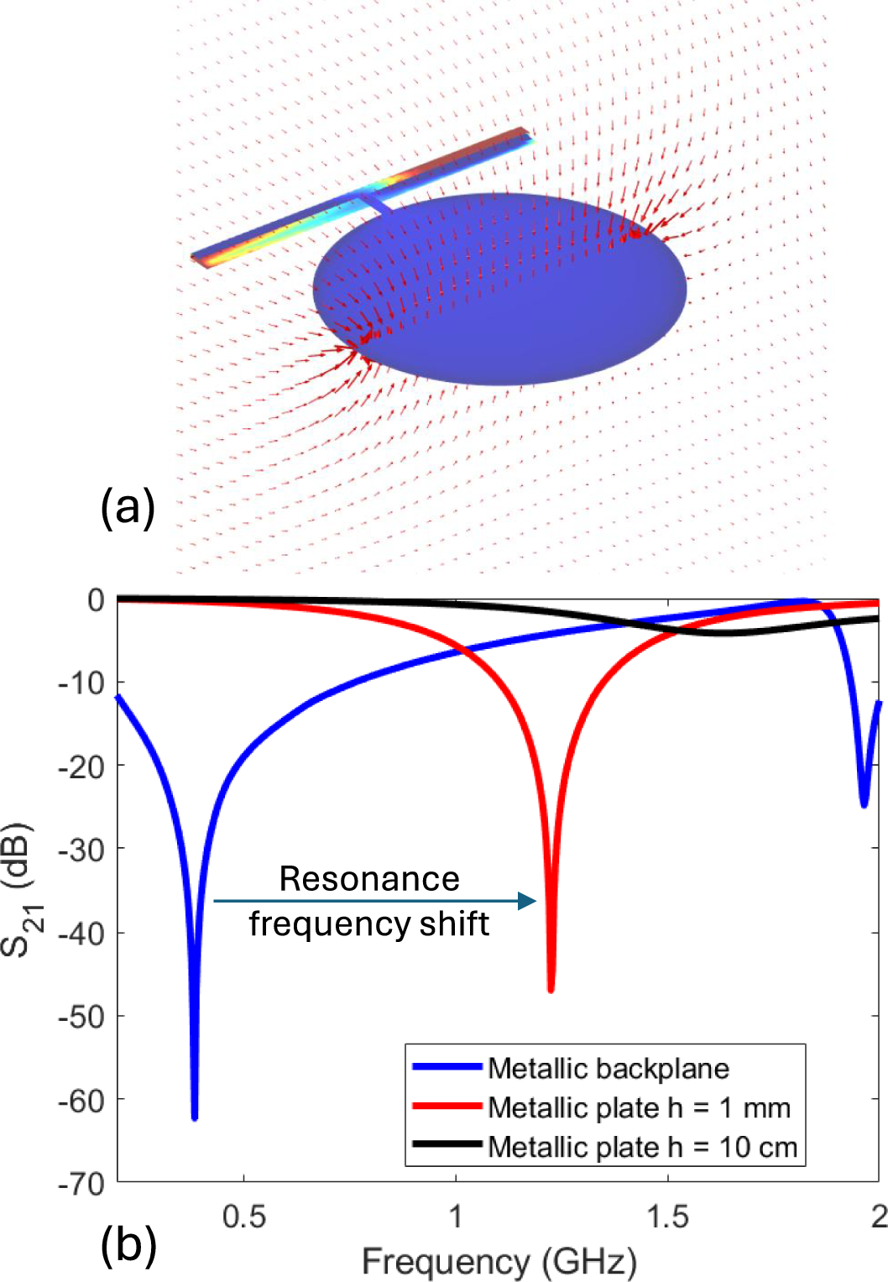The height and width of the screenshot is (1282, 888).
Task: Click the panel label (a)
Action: [x=128, y=507]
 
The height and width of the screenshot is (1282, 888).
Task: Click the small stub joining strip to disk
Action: [x=375, y=202]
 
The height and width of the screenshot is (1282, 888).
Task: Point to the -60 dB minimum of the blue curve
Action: [x=195, y=1117]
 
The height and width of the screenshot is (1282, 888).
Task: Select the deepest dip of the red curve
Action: [x=551, y=989]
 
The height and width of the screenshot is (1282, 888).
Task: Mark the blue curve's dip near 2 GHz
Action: [x=864, y=803]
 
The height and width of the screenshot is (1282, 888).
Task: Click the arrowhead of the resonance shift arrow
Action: [x=528, y=901]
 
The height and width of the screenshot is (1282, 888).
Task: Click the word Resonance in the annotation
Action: [x=369, y=879]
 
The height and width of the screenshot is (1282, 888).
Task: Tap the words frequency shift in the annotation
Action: [x=369, y=924]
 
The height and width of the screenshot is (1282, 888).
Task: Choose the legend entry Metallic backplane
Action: [x=609, y=1068]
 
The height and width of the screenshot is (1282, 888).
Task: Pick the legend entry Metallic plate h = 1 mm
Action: [x=639, y=1107]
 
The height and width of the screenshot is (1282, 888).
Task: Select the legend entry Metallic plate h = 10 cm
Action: [x=642, y=1147]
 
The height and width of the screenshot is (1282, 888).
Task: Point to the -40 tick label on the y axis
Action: [x=81, y=933]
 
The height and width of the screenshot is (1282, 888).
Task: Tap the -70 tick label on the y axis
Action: [x=81, y=1184]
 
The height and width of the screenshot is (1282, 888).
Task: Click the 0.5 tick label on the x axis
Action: [x=244, y=1217]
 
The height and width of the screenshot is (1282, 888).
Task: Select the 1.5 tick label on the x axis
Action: [x=668, y=1217]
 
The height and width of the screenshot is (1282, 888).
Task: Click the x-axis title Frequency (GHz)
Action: [x=499, y=1261]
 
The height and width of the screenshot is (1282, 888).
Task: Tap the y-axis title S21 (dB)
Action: [x=18, y=890]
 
